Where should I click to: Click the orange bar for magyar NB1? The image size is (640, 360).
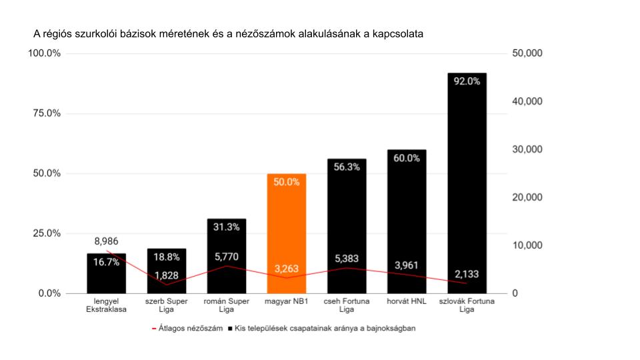coord(287,233)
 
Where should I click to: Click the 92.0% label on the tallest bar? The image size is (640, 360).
coord(467,81)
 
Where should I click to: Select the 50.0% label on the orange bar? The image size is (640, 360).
coord(287,181)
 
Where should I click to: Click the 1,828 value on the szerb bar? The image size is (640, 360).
coord(167,275)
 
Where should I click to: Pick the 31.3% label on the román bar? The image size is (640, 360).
coord(227,227)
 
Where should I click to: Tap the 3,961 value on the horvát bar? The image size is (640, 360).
coord(407,266)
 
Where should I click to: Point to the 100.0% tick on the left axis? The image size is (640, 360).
coord(44,53)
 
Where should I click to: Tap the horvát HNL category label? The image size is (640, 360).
coord(407,302)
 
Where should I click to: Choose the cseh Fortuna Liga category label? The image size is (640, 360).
coord(347,305)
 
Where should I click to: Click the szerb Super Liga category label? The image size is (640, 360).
coord(167,305)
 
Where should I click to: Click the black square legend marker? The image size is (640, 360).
coord(229,329)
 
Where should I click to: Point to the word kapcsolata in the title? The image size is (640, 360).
coord(397,33)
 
